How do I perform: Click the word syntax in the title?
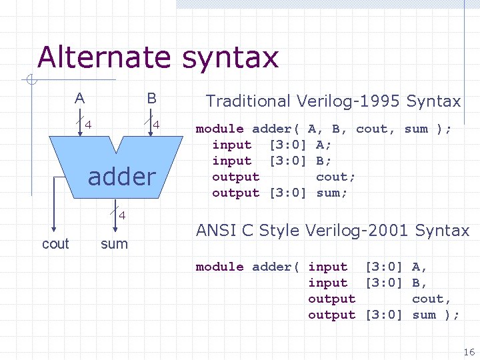[230, 59]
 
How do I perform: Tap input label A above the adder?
[80, 99]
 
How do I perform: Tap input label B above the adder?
[152, 99]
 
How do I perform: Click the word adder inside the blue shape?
[121, 177]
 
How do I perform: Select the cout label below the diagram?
[55, 244]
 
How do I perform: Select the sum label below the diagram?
[114, 244]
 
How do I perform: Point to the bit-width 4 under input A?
[87, 124]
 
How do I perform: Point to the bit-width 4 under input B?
[155, 124]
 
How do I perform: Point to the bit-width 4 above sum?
[122, 215]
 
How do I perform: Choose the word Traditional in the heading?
[248, 101]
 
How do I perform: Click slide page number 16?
[469, 352]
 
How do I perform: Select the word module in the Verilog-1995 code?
[219, 129]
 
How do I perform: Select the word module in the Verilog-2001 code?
[219, 267]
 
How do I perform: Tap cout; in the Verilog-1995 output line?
[335, 177]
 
